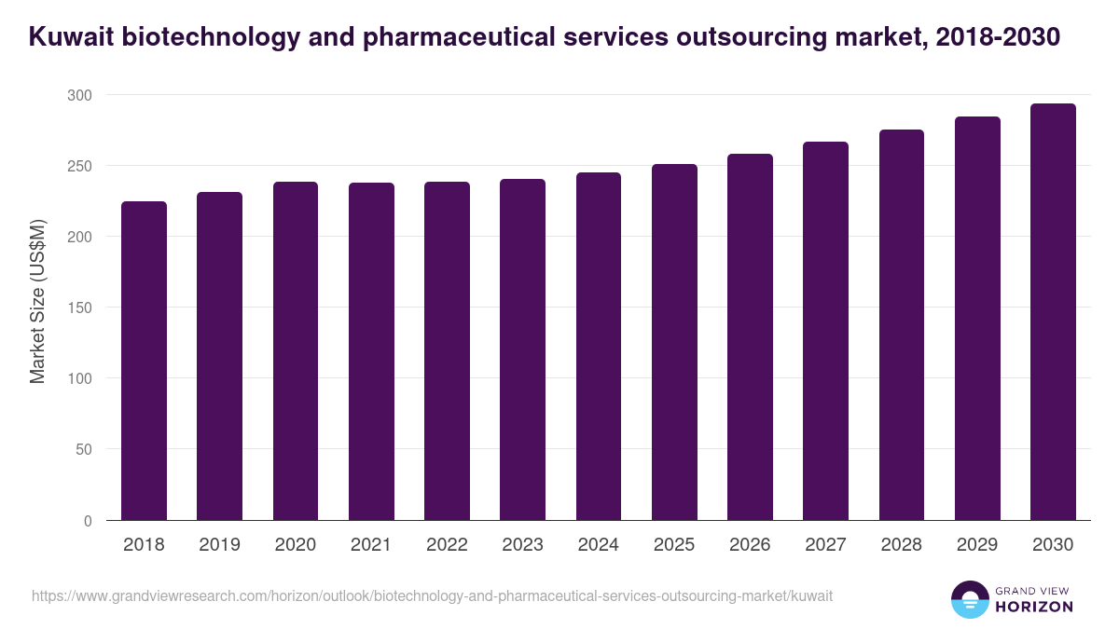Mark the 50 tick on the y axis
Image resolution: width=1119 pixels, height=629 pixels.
(83, 449)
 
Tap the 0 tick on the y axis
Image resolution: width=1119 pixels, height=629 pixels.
(88, 521)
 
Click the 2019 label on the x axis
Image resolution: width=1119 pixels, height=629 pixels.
(219, 545)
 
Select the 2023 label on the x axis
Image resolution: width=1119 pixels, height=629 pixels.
(522, 545)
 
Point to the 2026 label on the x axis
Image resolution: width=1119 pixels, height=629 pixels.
(750, 545)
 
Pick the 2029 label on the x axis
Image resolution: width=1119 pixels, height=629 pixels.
(977, 545)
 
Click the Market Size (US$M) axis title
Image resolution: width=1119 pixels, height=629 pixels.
(37, 302)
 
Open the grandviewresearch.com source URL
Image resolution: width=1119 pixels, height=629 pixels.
(432, 595)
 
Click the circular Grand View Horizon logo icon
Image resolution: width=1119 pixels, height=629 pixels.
(969, 599)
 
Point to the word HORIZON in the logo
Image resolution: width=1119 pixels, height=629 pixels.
(1035, 607)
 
